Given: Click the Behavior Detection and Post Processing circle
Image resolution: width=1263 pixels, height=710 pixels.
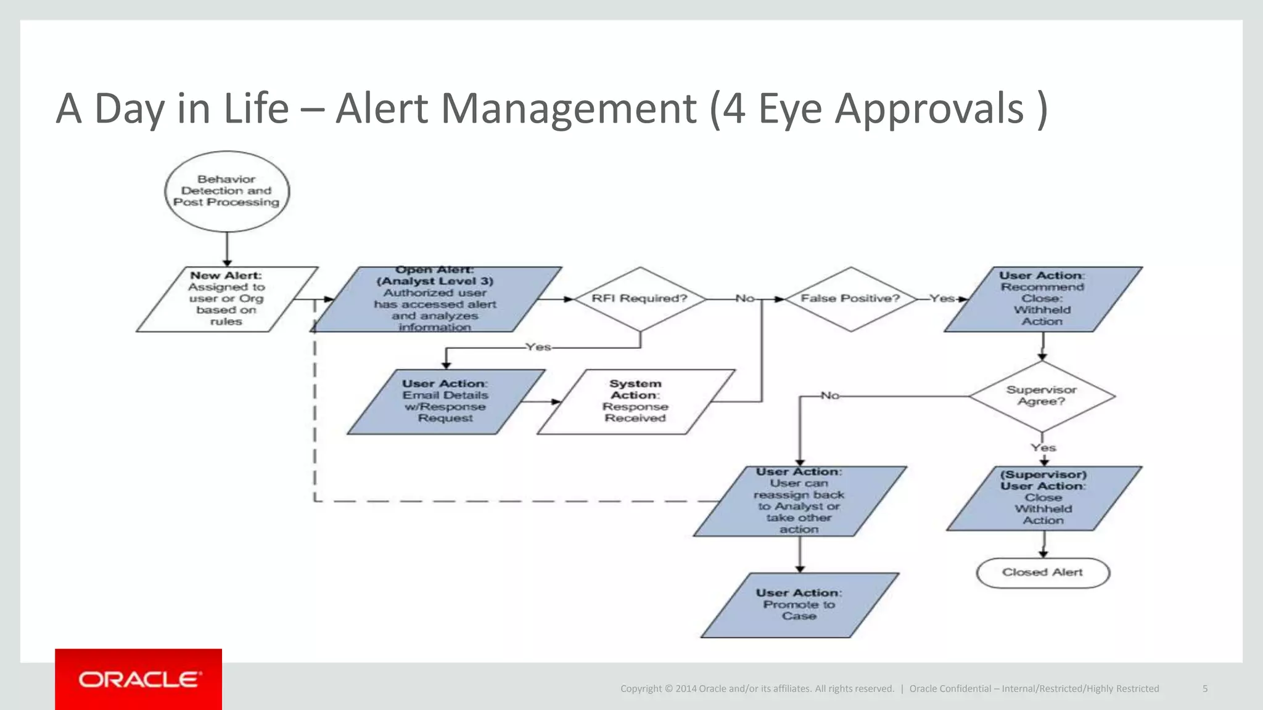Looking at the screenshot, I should tap(227, 191).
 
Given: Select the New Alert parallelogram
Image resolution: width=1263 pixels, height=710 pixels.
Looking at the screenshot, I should tap(226, 299).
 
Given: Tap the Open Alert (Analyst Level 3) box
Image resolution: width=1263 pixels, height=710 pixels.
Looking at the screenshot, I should tap(435, 300).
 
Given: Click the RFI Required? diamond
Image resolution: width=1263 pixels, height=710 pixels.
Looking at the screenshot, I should tap(640, 299).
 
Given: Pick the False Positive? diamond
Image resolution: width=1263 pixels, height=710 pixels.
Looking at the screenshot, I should tap(850, 299).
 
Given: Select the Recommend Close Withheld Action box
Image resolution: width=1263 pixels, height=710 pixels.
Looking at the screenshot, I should tap(1042, 299).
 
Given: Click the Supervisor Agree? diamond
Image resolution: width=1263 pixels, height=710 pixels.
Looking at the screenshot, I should tap(1042, 396).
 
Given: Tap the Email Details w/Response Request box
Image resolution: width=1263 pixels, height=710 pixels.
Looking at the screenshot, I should tap(445, 401).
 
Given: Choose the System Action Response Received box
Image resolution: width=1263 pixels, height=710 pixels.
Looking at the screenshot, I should tap(635, 401).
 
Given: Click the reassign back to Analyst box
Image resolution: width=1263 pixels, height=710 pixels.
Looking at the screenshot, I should tap(799, 501).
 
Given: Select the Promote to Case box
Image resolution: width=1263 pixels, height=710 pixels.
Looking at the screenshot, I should tap(799, 605).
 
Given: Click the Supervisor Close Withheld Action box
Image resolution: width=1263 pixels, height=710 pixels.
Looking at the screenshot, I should tap(1043, 498).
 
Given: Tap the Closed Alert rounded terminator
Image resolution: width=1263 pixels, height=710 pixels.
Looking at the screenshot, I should tap(1043, 573).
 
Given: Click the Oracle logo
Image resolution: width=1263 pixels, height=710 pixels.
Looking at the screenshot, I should tap(139, 679).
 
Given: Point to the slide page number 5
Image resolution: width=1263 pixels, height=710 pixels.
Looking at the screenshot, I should tap(1204, 688).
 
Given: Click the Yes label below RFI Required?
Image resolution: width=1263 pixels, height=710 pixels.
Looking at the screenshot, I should tap(538, 348).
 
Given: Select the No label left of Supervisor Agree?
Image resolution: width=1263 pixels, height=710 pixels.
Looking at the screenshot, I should tap(829, 396).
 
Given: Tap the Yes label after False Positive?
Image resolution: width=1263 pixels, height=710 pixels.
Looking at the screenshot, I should tap(942, 298).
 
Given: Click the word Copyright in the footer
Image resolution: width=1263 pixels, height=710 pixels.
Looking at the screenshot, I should tap(641, 688).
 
